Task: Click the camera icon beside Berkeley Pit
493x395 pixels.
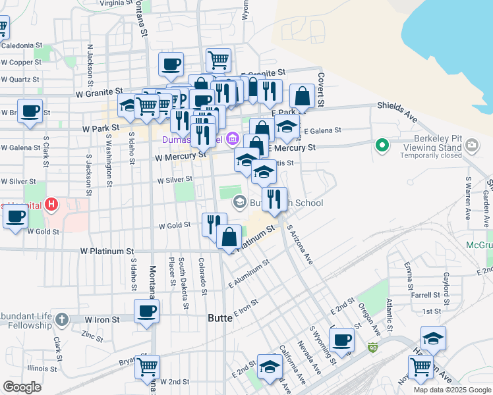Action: (472, 145)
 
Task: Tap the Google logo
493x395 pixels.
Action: (22, 387)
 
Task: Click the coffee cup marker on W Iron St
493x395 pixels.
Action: (146, 311)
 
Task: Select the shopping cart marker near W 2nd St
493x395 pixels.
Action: (147, 366)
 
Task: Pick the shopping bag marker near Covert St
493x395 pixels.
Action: (302, 96)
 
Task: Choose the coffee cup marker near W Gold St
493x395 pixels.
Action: (16, 216)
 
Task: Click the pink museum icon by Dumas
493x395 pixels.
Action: (231, 139)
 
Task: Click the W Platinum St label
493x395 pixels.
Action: (107, 251)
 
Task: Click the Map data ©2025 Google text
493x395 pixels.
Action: (451, 390)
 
